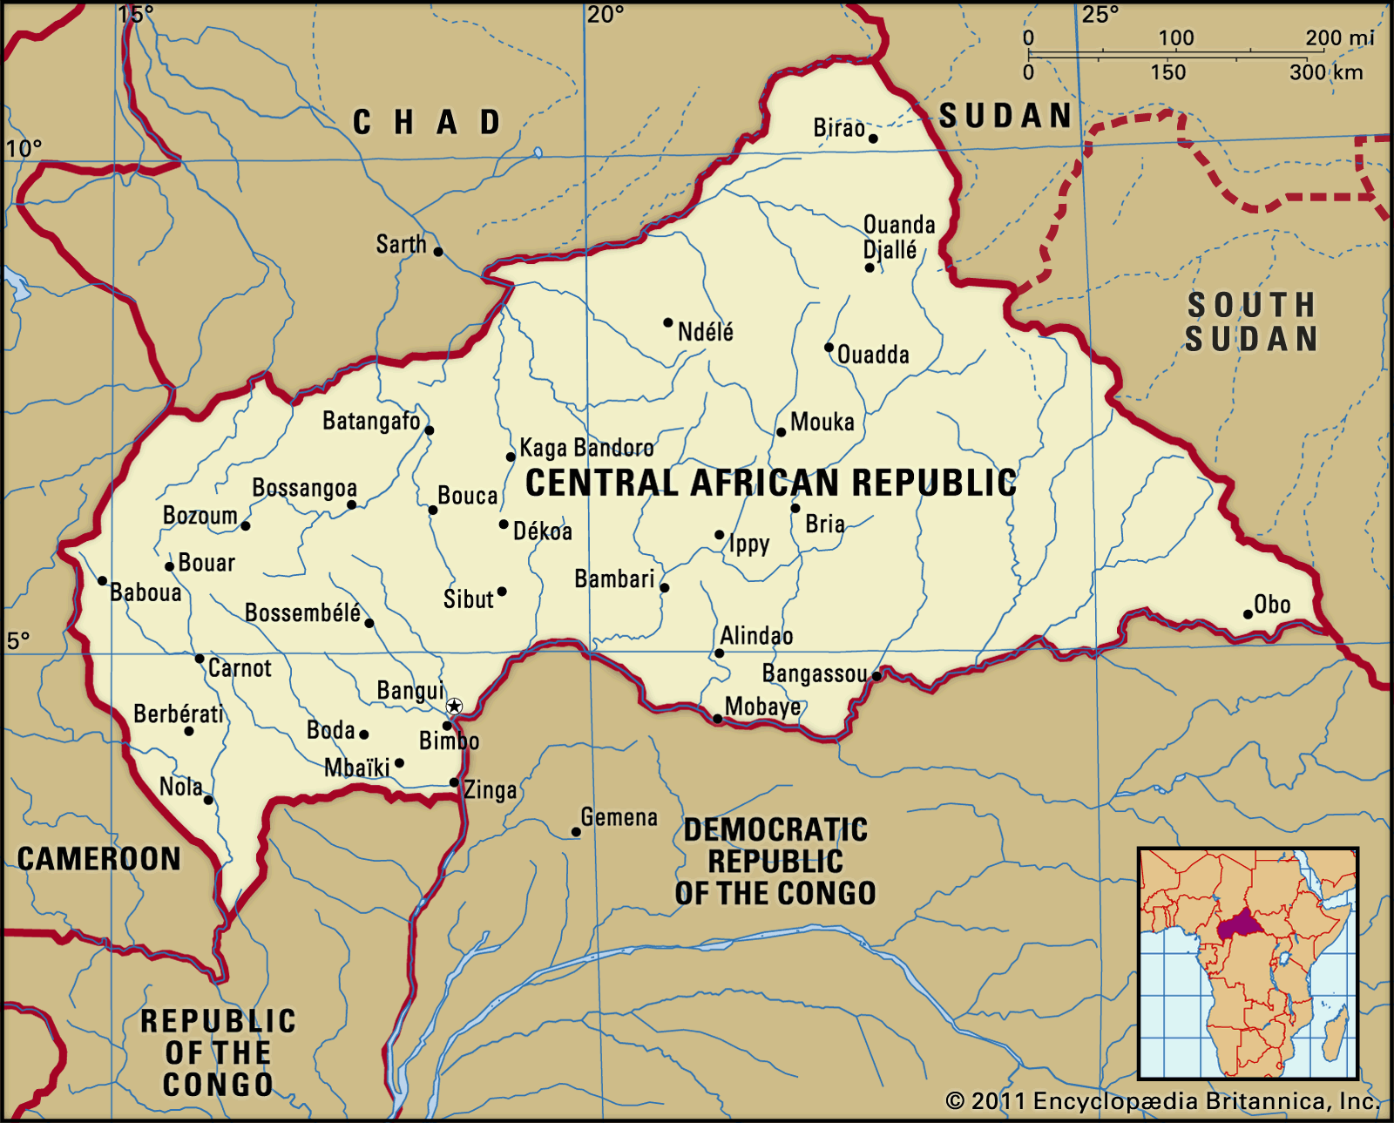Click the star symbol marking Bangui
click(454, 706)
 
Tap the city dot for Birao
click(873, 139)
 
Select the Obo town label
click(1272, 604)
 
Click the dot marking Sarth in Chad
click(438, 252)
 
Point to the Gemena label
click(619, 817)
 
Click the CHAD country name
click(427, 122)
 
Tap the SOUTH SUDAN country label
click(1251, 321)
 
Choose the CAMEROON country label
click(98, 859)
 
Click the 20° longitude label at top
click(605, 15)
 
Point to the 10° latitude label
click(24, 148)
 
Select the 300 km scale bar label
click(1325, 72)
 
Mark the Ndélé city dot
click(668, 322)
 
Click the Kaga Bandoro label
click(586, 448)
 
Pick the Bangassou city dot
click(876, 675)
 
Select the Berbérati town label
click(179, 714)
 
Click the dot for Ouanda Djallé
click(870, 267)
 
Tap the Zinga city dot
click(454, 782)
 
